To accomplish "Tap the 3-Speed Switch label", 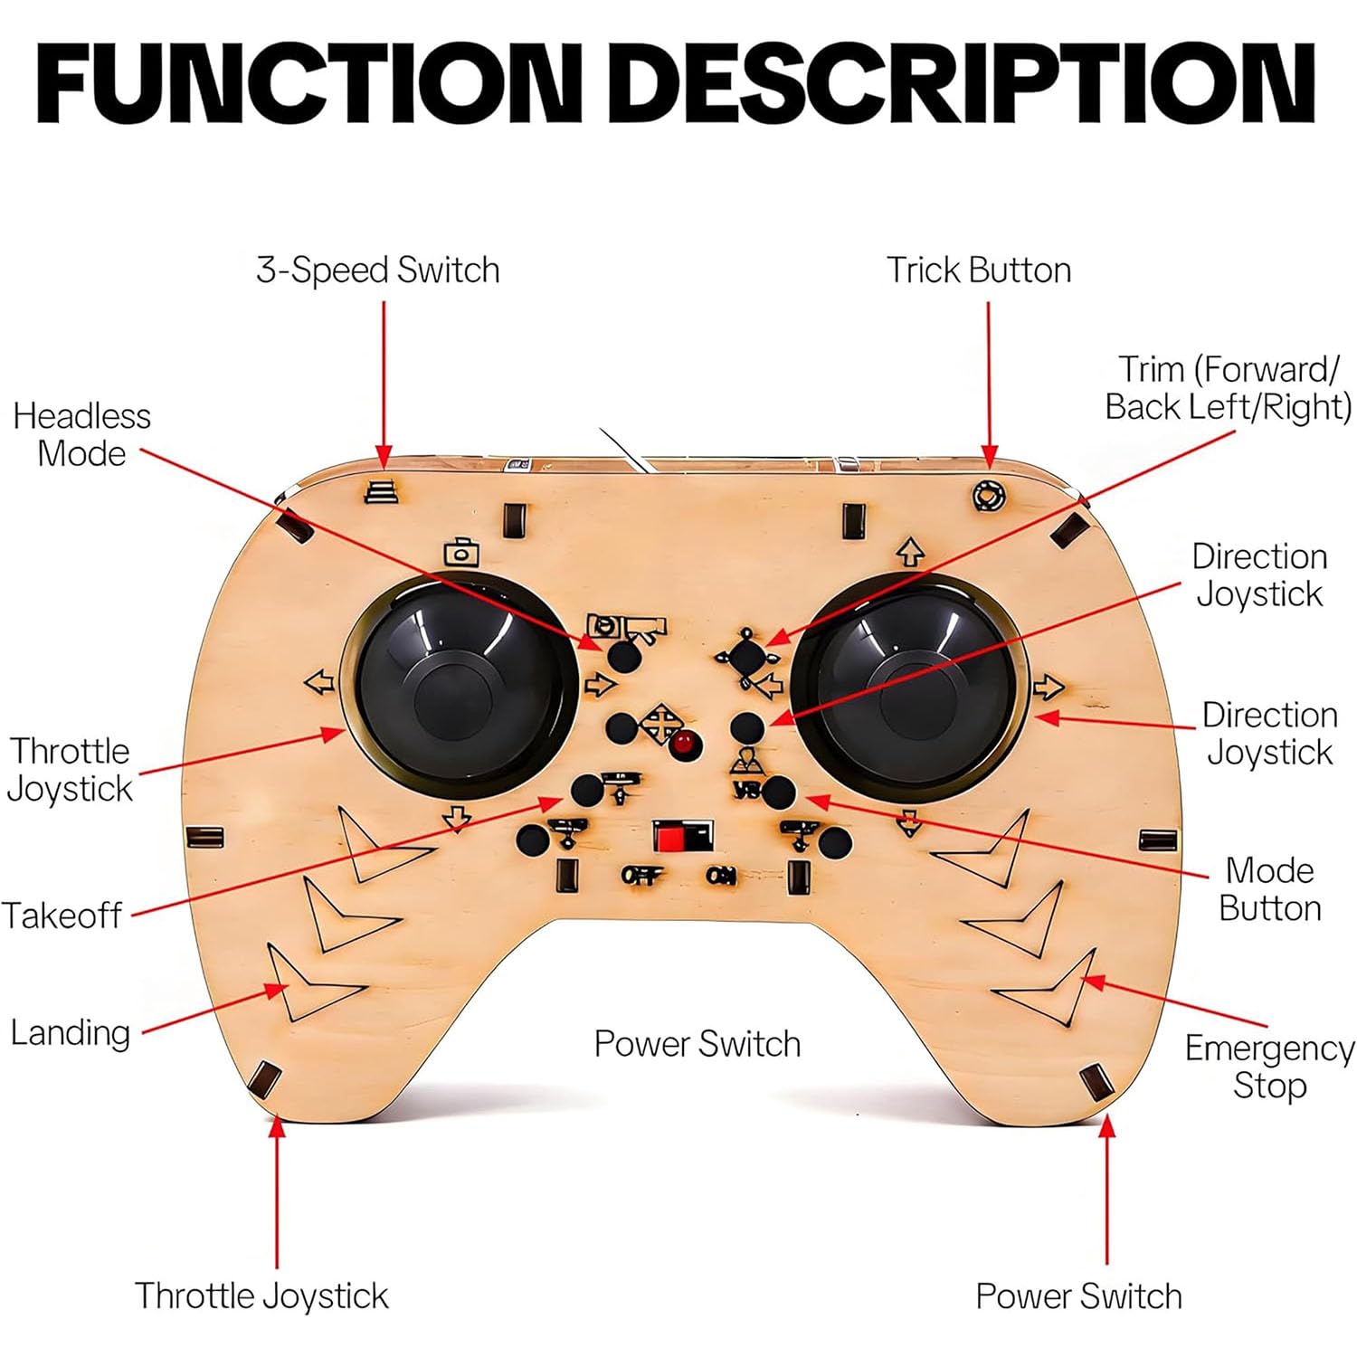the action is click(x=378, y=270).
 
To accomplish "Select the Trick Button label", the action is click(x=979, y=270).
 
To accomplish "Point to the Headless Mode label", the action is click(x=81, y=434).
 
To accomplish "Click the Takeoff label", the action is click(x=62, y=916).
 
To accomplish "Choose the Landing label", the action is click(x=70, y=1032).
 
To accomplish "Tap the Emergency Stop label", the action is click(x=1269, y=1067).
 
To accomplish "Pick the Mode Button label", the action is click(x=1270, y=888).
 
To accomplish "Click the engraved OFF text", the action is click(x=641, y=875).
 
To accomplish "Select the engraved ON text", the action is click(x=721, y=875).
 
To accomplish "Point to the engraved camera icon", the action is click(x=461, y=552).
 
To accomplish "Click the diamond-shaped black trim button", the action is click(x=747, y=657).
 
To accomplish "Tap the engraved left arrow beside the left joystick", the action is click(x=319, y=681).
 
